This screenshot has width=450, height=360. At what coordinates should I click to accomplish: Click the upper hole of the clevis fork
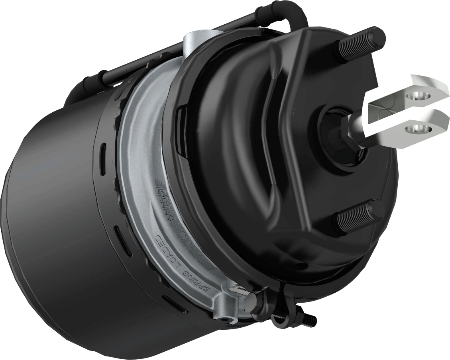point(419,96)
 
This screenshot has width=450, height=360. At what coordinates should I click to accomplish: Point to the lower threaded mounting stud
point(358,215)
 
